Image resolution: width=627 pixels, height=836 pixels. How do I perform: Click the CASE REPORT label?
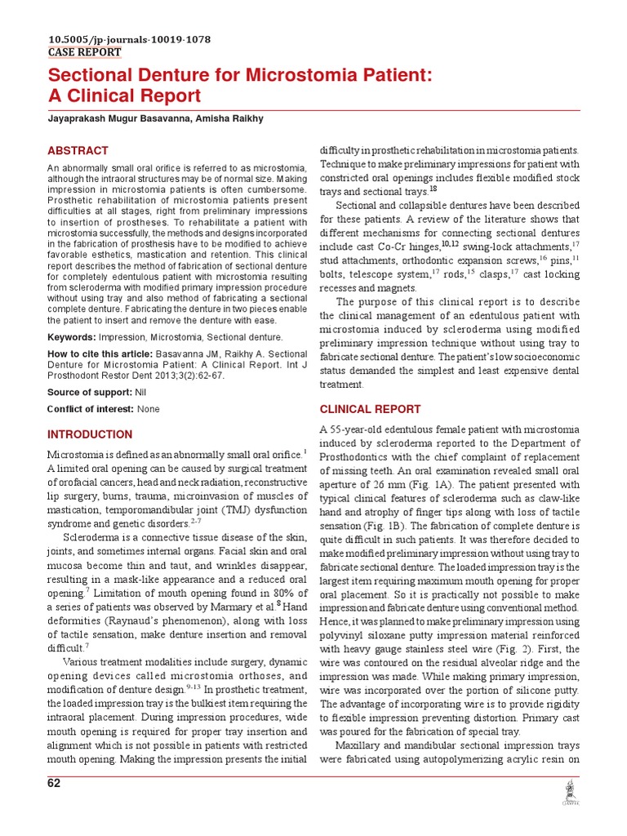(84, 52)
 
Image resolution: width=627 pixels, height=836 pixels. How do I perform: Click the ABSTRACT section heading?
(78, 151)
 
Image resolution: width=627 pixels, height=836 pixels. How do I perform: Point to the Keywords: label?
(71, 337)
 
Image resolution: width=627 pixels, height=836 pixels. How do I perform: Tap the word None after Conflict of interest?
(149, 409)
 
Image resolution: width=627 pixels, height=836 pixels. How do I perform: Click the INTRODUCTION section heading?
(90, 434)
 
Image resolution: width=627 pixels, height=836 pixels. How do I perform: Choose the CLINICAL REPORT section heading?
(370, 409)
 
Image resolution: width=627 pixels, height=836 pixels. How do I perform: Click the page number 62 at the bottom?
(54, 784)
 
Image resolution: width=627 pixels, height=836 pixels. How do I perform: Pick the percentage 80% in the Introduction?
(269, 592)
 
